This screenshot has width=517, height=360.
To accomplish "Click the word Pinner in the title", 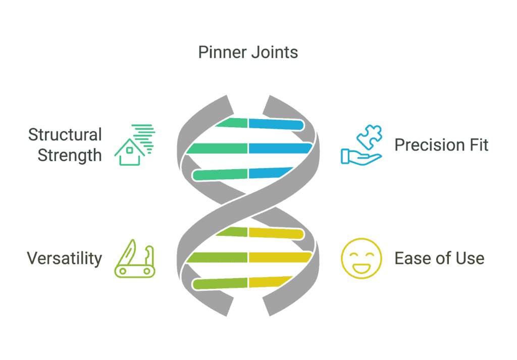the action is click(222, 53).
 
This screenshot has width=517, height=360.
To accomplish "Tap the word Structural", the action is click(65, 134).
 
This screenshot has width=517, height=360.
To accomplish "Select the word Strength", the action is click(70, 156).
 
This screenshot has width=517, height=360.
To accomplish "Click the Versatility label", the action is click(65, 259).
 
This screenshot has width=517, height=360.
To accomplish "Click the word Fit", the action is click(477, 145).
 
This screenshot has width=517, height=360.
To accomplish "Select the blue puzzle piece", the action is click(369, 137).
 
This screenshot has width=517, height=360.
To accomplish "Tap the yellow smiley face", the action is click(361, 259).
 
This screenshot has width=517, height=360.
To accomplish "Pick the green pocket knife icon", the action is click(135, 259).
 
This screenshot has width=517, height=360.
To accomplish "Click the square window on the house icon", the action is click(130, 150).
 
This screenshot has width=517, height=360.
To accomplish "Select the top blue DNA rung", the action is click(276, 124).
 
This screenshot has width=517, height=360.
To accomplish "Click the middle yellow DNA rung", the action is click(280, 258).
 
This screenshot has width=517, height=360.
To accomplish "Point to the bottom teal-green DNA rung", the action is click(220, 175).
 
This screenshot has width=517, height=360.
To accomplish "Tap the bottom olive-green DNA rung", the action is click(220, 284).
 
